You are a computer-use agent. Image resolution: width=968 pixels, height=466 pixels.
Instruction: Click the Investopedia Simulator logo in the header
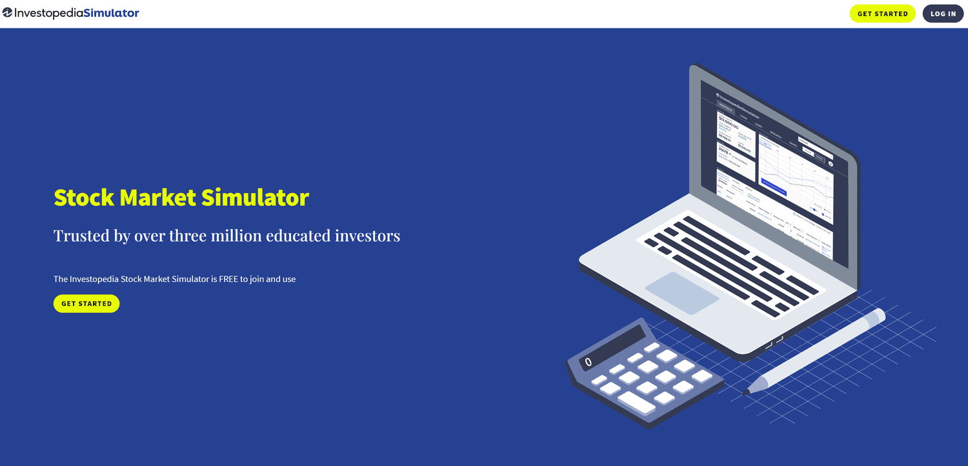click(71, 13)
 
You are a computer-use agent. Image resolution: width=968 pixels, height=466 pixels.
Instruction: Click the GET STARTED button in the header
click(882, 14)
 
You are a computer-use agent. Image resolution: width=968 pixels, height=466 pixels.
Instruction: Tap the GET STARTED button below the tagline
click(86, 303)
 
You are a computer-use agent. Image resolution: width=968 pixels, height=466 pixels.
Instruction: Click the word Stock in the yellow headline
click(85, 198)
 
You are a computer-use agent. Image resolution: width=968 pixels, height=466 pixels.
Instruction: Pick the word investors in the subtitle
click(367, 236)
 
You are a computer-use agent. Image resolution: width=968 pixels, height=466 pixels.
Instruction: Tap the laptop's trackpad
click(681, 293)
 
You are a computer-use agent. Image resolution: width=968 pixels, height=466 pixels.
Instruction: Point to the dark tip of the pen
click(747, 391)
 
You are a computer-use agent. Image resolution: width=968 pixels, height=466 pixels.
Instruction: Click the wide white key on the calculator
click(636, 402)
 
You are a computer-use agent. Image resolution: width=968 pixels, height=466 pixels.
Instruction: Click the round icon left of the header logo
click(7, 13)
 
